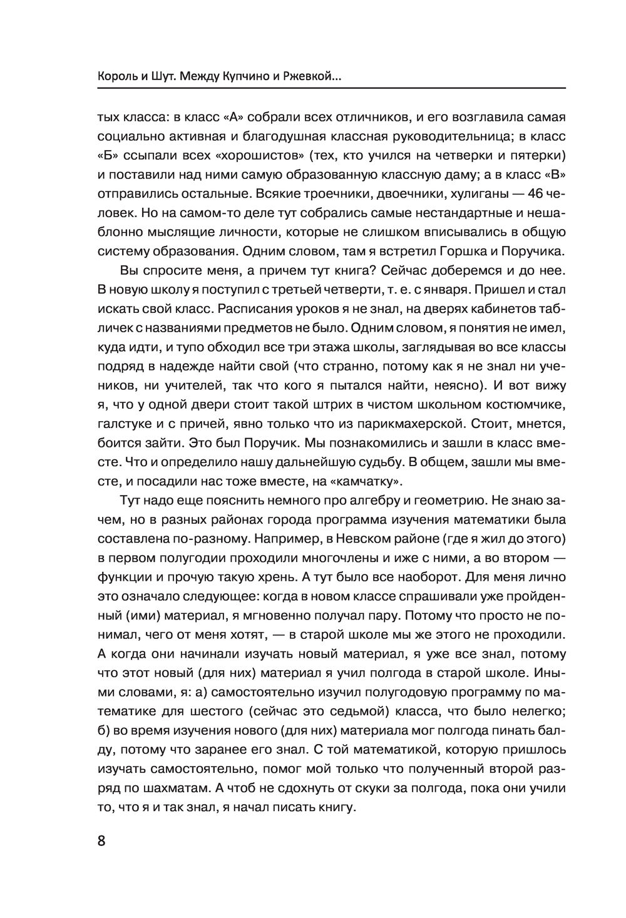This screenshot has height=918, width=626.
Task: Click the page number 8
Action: (102, 840)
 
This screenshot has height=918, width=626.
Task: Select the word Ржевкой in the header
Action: (309, 78)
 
